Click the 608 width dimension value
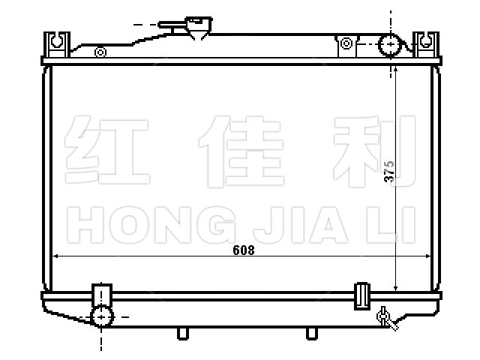[x=243, y=250]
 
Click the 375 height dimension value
[x=389, y=172]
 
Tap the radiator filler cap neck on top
[x=199, y=28]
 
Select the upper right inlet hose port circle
[x=390, y=45]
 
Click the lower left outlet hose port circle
[x=102, y=316]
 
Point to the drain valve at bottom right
[x=387, y=318]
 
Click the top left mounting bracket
[x=57, y=44]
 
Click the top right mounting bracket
[x=426, y=44]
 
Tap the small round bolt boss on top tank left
[x=100, y=52]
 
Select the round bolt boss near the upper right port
[x=346, y=43]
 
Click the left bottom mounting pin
[x=183, y=334]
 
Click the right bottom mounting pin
[x=312, y=334]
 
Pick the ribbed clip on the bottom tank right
[x=362, y=296]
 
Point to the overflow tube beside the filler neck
[x=172, y=25]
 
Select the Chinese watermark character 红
[x=106, y=150]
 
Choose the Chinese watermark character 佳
[x=241, y=151]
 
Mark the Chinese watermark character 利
[x=374, y=151]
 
